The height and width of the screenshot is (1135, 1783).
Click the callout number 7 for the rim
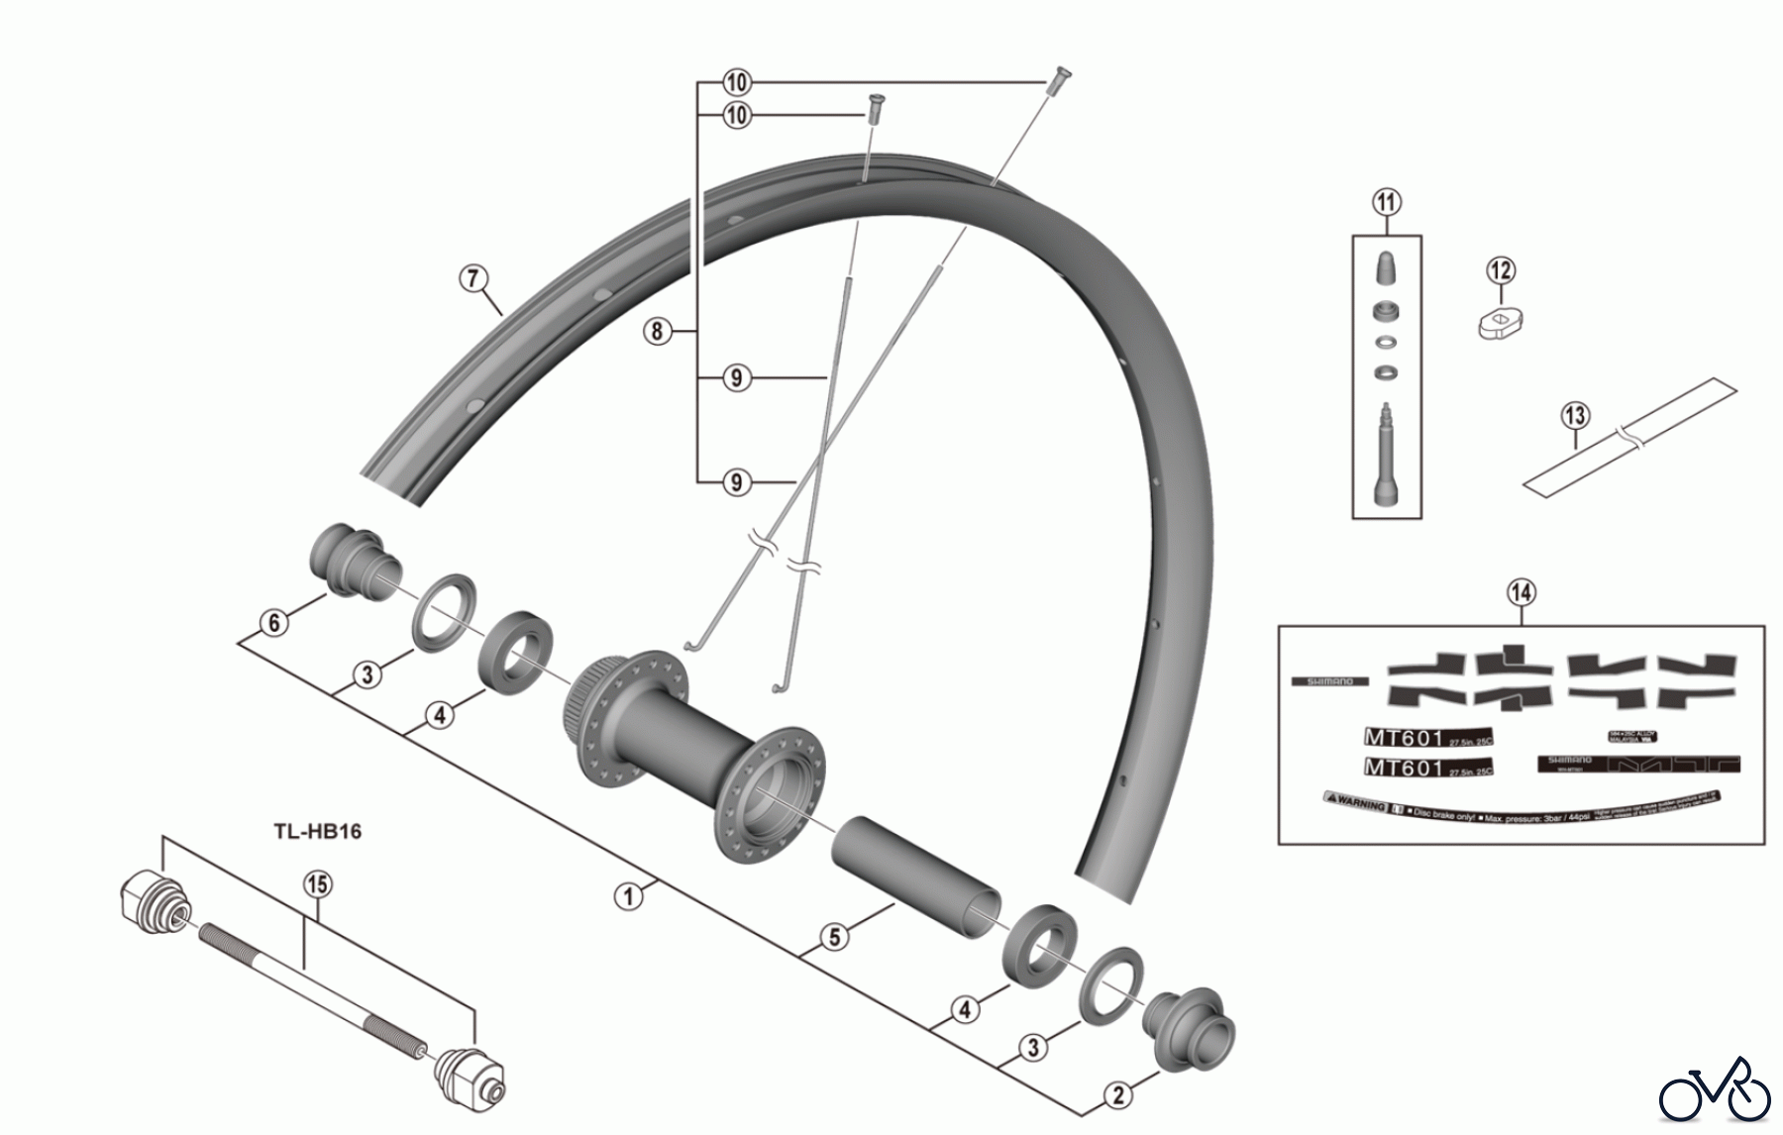(474, 278)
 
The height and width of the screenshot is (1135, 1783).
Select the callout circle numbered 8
(657, 331)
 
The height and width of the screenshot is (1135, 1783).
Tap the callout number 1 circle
(628, 896)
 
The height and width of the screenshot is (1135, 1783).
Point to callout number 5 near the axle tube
(835, 937)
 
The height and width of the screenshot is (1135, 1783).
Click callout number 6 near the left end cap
(274, 623)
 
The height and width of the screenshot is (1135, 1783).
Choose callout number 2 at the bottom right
(1118, 1095)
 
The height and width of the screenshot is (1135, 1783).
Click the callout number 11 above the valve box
(1387, 203)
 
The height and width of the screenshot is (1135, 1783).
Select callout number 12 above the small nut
(1501, 270)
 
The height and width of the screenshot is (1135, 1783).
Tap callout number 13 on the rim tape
(1575, 416)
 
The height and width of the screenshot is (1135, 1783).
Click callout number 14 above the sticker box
(1521, 593)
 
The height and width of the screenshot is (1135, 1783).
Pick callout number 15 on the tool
(317, 884)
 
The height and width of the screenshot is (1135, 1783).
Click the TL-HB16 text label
(318, 831)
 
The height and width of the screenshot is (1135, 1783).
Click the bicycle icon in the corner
(1715, 1093)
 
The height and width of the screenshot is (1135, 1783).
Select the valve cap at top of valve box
(1387, 267)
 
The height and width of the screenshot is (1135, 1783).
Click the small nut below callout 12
(1501, 322)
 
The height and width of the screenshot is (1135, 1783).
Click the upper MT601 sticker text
(1405, 738)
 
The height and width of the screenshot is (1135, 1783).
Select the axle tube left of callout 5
(916, 872)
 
